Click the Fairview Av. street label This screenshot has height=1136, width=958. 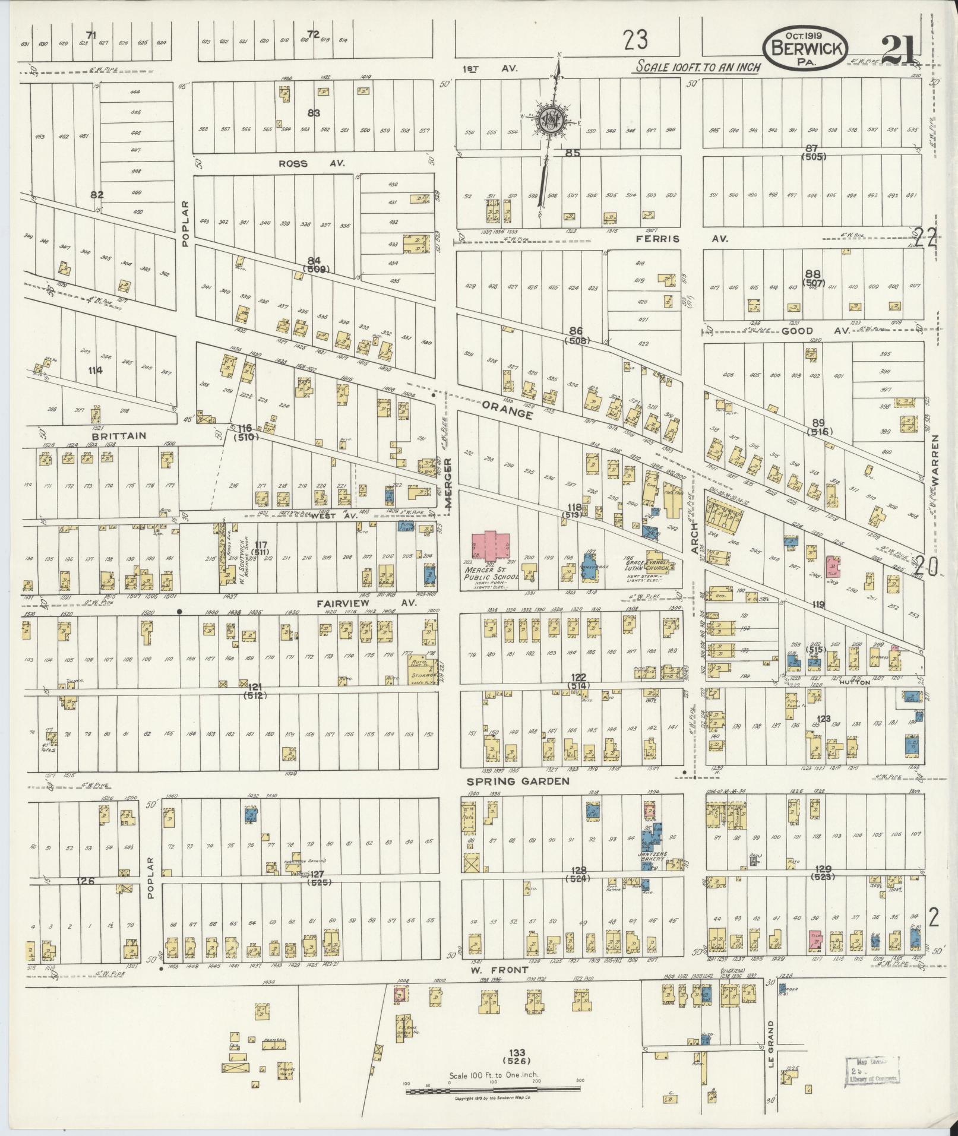point(366,603)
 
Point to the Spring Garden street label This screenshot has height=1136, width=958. point(518,781)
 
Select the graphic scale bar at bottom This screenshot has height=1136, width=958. point(493,1090)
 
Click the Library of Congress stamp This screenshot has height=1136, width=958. point(872,1071)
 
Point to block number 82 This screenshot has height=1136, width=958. point(97,195)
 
